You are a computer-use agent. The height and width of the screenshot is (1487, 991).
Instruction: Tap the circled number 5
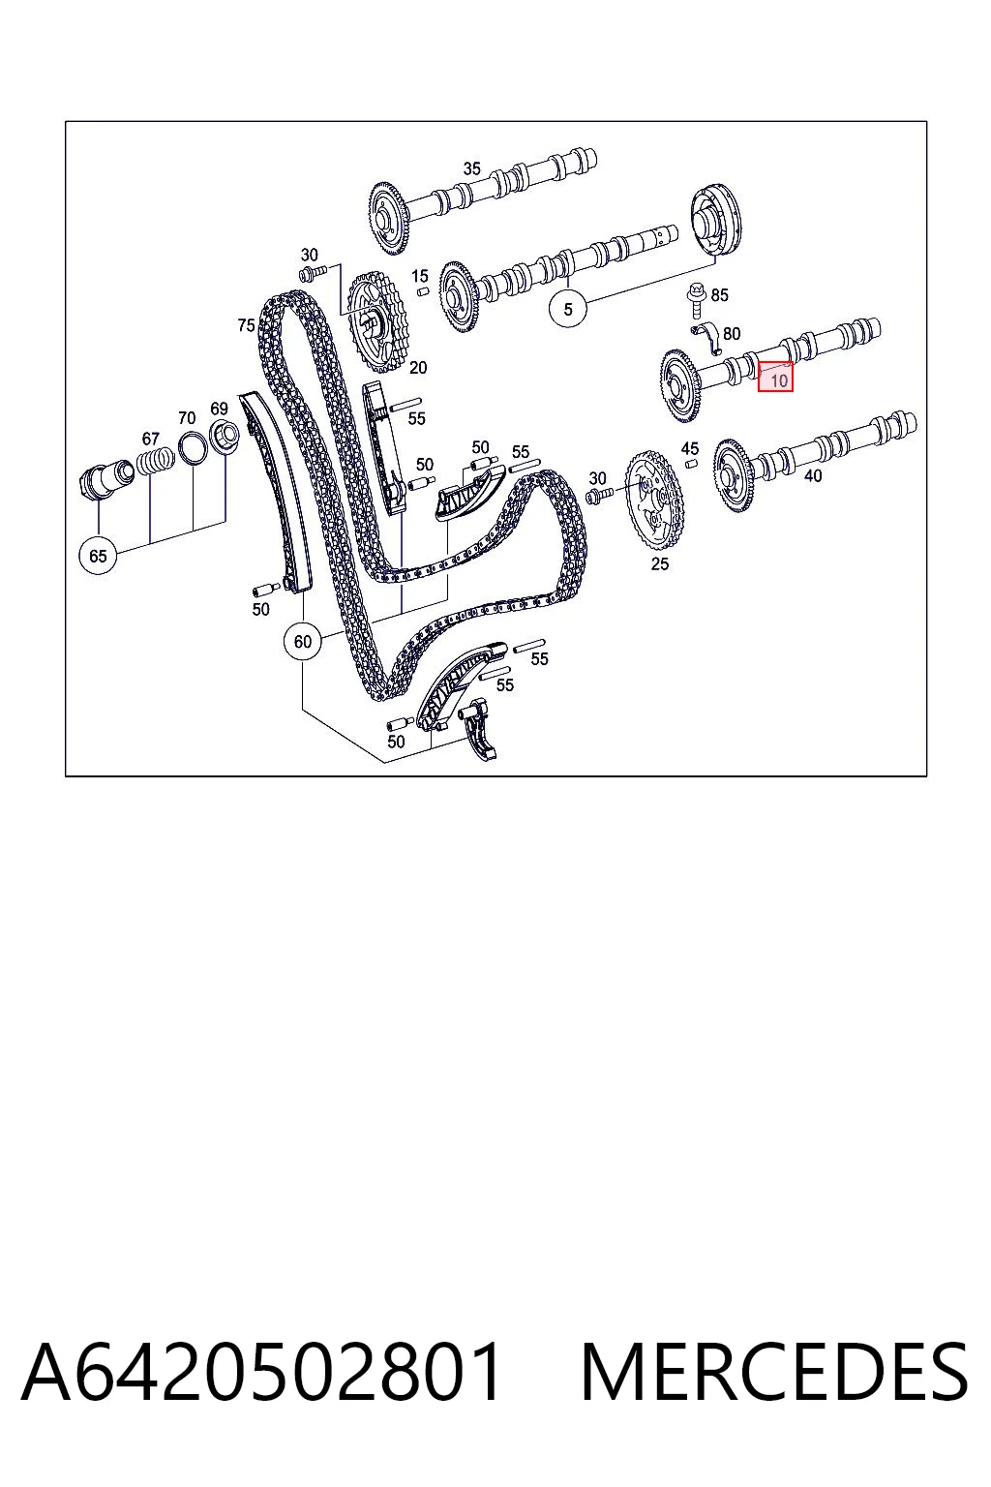(568, 309)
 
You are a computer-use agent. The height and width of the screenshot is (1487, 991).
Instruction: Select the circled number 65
(98, 556)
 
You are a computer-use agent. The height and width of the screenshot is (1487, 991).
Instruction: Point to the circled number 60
(303, 641)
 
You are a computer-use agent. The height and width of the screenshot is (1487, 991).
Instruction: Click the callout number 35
(472, 168)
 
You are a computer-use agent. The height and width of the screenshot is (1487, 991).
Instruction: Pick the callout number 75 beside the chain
(246, 325)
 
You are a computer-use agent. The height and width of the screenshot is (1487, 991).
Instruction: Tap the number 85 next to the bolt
(719, 294)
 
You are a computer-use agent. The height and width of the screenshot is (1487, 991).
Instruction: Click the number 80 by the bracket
(732, 333)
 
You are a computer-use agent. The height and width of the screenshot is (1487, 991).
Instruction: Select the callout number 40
(813, 475)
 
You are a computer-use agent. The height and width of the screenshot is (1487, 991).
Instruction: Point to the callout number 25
(660, 563)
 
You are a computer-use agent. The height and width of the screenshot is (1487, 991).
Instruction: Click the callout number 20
(418, 367)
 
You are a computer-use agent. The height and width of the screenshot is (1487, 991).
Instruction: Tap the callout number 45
(690, 449)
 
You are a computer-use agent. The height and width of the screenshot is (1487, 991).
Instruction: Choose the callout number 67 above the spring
(151, 439)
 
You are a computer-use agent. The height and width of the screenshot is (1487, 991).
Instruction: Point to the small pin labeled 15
(422, 292)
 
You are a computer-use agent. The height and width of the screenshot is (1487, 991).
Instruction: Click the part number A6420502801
(261, 1371)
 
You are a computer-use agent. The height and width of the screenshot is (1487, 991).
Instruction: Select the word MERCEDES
(774, 1372)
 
